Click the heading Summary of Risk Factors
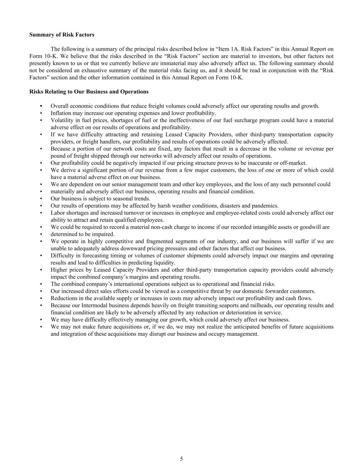(x=62, y=35)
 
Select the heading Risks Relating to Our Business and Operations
(x=89, y=92)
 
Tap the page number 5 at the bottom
(x=181, y=459)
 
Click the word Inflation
(x=61, y=113)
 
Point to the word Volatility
(x=62, y=121)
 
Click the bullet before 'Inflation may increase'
(x=41, y=113)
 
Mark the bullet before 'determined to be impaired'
(x=41, y=234)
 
